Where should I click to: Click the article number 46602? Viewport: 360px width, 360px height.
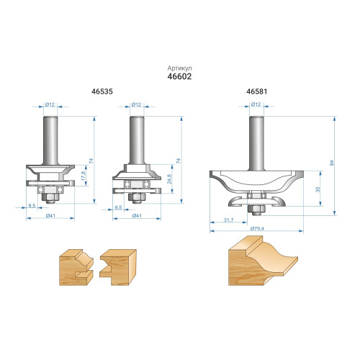pos(179,76)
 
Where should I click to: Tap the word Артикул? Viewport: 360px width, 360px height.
pos(179,68)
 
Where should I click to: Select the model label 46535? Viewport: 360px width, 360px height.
pos(102,91)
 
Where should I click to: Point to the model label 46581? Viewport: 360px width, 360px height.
pos(256,91)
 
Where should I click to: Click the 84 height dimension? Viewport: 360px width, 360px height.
pos(332,163)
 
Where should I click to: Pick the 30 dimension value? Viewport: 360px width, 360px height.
pos(318,189)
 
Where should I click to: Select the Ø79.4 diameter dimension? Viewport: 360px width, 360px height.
pos(257,228)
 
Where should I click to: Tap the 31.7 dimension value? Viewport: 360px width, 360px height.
pos(228,220)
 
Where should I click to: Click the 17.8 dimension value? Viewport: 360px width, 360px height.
pos(84,176)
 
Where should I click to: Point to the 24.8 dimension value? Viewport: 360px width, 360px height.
pos(169,179)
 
